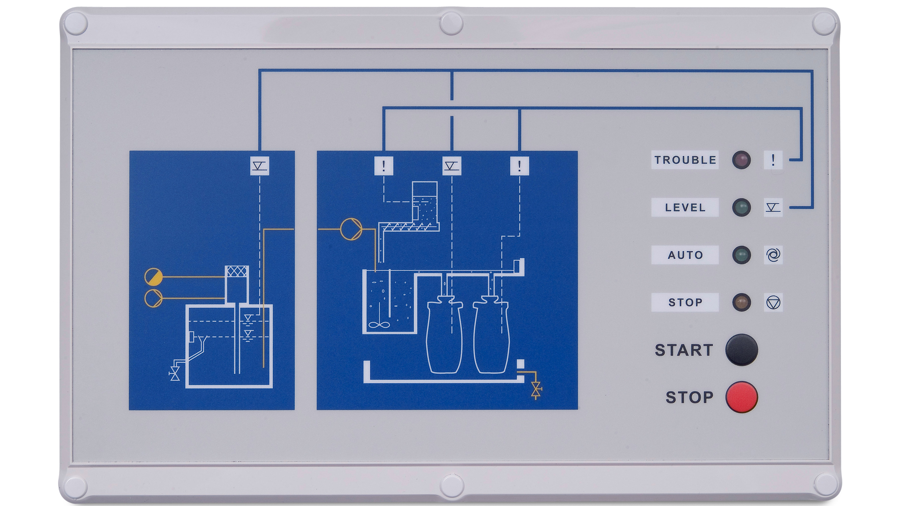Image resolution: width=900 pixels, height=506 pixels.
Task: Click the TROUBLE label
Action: pos(685,160)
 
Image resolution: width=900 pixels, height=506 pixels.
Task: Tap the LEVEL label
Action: pos(685,208)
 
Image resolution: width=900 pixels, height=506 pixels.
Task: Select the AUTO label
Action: pos(685,255)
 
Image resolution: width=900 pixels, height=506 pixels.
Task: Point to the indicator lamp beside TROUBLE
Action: pos(741,160)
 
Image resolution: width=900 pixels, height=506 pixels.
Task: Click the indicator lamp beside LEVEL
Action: pos(741,207)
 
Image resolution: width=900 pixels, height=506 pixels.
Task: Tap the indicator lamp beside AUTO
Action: pos(741,255)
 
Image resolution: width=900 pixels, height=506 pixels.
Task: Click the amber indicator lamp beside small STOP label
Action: pos(741,302)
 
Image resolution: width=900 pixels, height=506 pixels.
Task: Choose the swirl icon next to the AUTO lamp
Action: pos(773,255)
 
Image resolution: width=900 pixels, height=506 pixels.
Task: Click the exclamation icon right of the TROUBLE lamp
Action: pos(773,160)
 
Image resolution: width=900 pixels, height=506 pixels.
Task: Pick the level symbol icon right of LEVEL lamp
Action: pos(773,207)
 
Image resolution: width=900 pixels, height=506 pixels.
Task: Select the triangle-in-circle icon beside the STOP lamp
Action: pos(773,302)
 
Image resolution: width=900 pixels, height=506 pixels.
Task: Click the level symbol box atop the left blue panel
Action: pos(259,166)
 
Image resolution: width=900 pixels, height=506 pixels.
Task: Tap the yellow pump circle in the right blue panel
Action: pos(351,229)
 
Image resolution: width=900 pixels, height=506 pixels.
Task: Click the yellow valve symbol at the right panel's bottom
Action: pos(536,390)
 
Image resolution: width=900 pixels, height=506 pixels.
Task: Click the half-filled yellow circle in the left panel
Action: pos(153,277)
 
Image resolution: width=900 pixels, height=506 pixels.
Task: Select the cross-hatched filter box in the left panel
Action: pos(237,271)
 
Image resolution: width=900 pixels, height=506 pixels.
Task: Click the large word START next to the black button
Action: pos(684,350)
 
